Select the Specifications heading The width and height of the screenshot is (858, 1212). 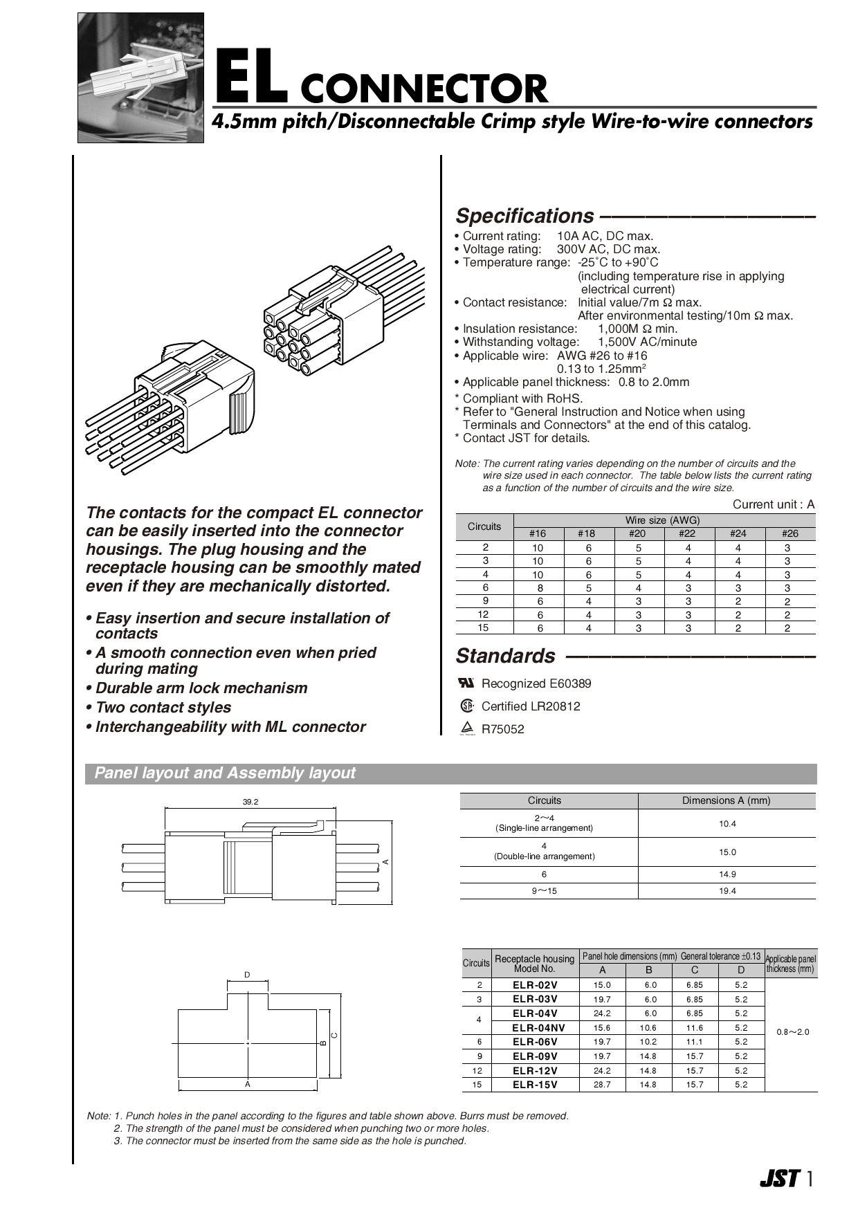[x=524, y=216]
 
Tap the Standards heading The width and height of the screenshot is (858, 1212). [x=505, y=656]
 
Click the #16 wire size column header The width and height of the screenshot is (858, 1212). [x=538, y=533]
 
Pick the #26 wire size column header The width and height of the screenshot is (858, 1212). [x=789, y=533]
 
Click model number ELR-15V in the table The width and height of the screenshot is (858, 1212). [x=535, y=1085]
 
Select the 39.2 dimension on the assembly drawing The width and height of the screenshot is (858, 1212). [x=250, y=802]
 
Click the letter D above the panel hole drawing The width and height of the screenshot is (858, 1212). [x=247, y=975]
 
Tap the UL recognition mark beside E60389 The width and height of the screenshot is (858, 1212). [x=466, y=683]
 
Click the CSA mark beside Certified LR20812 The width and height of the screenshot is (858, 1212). [x=467, y=706]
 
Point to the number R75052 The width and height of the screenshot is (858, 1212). [x=503, y=729]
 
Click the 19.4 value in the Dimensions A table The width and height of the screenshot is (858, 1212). [x=727, y=891]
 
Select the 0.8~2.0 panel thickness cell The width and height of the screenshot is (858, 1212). [x=792, y=1032]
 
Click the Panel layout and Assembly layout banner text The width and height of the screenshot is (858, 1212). [x=225, y=773]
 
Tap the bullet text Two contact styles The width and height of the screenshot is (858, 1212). [x=163, y=708]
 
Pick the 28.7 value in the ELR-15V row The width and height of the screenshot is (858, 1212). [x=602, y=1085]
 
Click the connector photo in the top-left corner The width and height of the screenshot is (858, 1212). [x=140, y=77]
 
